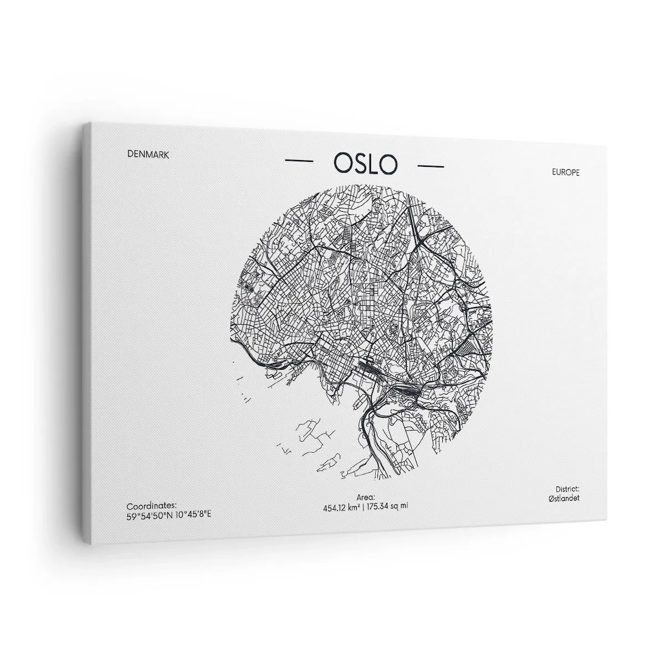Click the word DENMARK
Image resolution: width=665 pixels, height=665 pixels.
click(x=148, y=155)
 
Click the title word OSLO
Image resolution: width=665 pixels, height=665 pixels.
click(x=365, y=163)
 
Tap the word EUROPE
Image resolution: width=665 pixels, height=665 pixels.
click(x=566, y=172)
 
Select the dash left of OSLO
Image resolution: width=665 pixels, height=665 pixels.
click(x=299, y=161)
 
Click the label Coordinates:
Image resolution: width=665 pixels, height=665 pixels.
click(x=152, y=506)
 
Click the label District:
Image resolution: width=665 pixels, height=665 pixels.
click(x=567, y=489)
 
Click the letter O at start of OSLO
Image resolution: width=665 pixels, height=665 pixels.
click(x=342, y=162)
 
